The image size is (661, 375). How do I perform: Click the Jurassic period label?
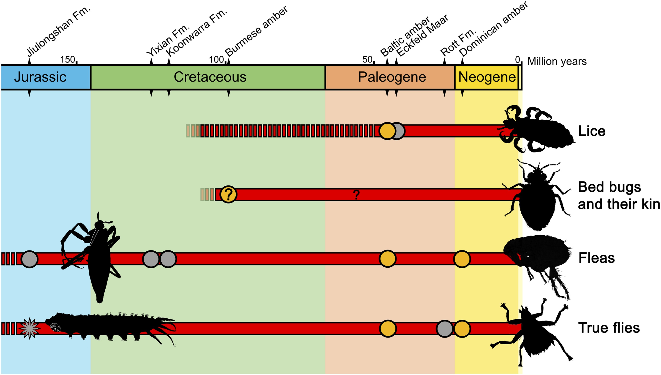tap(40, 77)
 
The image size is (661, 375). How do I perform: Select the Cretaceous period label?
tap(210, 77)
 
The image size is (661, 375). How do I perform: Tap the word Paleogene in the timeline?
tap(392, 77)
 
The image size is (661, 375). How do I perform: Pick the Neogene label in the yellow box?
tap(487, 77)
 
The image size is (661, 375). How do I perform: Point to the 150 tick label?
tap(67, 60)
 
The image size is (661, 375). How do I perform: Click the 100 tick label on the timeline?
tap(216, 60)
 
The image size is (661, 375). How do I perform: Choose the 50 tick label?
tap(367, 60)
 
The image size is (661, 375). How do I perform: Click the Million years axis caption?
tap(557, 62)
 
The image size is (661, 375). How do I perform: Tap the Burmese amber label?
tap(256, 31)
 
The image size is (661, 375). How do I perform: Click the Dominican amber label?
tap(494, 29)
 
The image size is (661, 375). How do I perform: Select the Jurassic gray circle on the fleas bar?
tap(29, 259)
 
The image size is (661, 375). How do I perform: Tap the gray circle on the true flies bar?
tap(444, 329)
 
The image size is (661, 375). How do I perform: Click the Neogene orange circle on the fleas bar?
tap(462, 259)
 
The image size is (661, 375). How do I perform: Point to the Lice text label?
tap(592, 131)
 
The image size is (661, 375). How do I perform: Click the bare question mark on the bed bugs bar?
tap(356, 195)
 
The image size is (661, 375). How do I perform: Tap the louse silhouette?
tap(537, 129)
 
